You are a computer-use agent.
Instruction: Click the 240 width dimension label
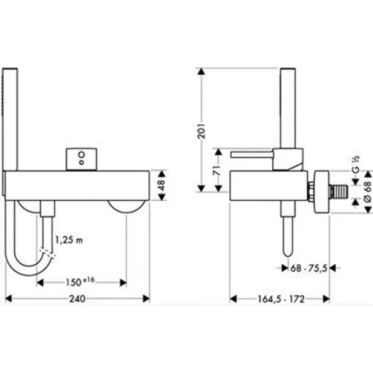(77, 299)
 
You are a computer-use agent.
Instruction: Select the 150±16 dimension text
(80, 282)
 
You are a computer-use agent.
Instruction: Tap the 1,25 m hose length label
(69, 240)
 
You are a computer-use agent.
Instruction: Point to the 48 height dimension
(161, 185)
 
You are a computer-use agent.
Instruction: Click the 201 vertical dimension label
(201, 131)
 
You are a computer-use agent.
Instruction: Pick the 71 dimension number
(218, 170)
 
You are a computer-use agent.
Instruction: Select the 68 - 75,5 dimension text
(309, 269)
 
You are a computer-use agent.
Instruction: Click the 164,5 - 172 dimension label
(281, 299)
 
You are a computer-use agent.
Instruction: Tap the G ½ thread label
(356, 164)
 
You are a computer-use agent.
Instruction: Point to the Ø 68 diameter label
(368, 192)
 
